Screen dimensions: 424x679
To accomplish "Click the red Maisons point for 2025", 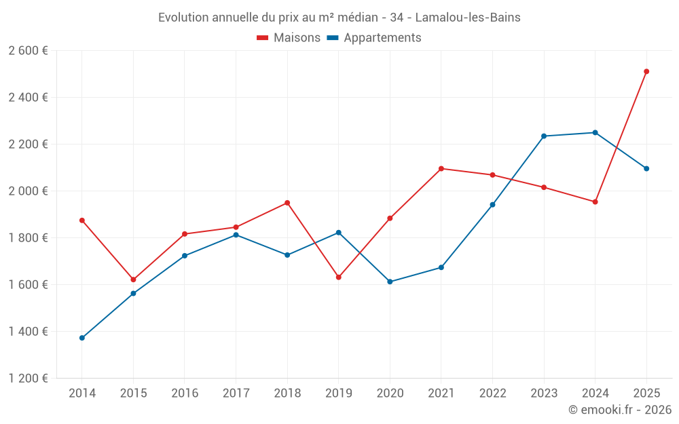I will pyautogui.click(x=646, y=71).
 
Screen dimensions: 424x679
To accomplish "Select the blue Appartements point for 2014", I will pyautogui.click(x=82, y=338).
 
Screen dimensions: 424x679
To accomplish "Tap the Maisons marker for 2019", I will pyautogui.click(x=339, y=277).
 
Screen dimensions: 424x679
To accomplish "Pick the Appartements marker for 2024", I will pyautogui.click(x=595, y=132).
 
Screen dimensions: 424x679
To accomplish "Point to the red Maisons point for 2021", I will pyautogui.click(x=441, y=168).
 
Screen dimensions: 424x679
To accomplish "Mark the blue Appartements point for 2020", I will pyautogui.click(x=390, y=282).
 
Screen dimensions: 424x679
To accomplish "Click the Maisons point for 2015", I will pyautogui.click(x=133, y=280).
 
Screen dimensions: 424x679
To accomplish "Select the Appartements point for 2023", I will pyautogui.click(x=544, y=136).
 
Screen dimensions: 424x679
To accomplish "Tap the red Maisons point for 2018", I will pyautogui.click(x=287, y=203).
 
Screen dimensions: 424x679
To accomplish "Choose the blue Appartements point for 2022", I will pyautogui.click(x=492, y=204).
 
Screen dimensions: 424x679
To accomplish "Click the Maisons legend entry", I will pyautogui.click(x=289, y=38).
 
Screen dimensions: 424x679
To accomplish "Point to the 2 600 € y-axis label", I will pyautogui.click(x=29, y=51).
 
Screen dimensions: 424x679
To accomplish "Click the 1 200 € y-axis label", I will pyautogui.click(x=29, y=379).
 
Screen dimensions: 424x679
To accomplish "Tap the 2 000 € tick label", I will pyautogui.click(x=29, y=191).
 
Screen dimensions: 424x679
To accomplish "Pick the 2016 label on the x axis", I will pyautogui.click(x=185, y=393).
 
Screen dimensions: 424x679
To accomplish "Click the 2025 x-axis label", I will pyautogui.click(x=646, y=393).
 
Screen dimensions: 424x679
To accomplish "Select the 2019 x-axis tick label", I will pyautogui.click(x=339, y=393).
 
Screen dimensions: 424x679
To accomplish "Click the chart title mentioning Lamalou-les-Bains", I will pyautogui.click(x=339, y=18).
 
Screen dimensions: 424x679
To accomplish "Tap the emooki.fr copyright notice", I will pyautogui.click(x=619, y=410).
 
